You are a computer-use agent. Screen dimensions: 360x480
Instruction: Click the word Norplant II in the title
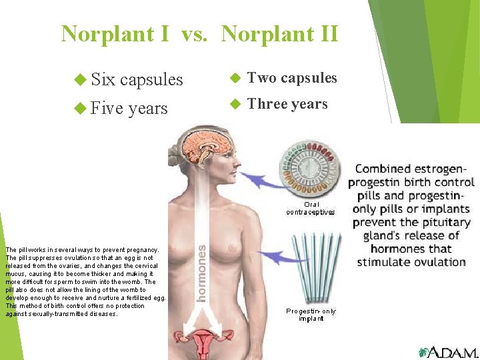coord(279,33)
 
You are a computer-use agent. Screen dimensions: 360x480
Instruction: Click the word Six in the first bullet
coord(103,79)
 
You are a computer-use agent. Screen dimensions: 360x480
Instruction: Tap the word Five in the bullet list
coord(107,108)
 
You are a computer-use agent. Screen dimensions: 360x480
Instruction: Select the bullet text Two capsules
coord(292,78)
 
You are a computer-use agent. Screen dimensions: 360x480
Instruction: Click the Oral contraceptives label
coord(311,208)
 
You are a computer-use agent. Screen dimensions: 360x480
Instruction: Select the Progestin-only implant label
coord(311,315)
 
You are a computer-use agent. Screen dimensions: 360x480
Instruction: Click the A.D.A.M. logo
coord(447,352)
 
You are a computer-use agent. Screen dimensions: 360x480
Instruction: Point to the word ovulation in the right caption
coord(435,262)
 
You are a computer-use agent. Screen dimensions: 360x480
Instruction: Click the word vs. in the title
coord(194,33)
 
